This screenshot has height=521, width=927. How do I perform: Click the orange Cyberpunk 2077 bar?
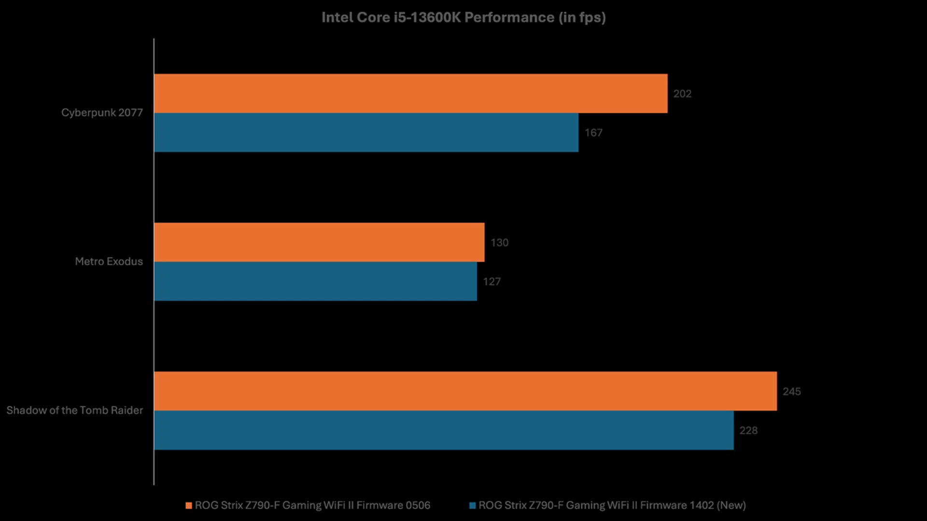[410, 94]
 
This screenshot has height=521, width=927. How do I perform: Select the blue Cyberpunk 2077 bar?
[366, 133]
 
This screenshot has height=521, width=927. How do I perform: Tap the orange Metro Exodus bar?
[319, 242]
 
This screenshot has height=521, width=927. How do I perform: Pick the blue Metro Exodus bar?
[315, 281]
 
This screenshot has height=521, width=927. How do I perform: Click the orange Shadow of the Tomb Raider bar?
[465, 391]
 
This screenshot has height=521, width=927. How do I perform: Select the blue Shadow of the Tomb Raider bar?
[443, 430]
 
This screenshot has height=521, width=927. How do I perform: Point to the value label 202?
[682, 94]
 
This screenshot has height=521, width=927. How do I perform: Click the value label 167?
[593, 133]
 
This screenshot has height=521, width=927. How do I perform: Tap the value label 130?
[499, 243]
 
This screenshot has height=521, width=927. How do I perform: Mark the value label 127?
[492, 282]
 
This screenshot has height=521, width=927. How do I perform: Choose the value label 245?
[791, 391]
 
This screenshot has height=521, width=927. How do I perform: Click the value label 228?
[748, 430]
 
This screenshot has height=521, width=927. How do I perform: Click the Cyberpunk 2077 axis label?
[102, 112]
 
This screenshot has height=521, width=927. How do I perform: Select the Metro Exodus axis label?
[109, 261]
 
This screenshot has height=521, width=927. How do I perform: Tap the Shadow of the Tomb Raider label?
[74, 410]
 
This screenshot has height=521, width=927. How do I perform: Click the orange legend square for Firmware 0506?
[189, 506]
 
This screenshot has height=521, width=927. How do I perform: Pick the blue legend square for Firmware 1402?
[473, 506]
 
